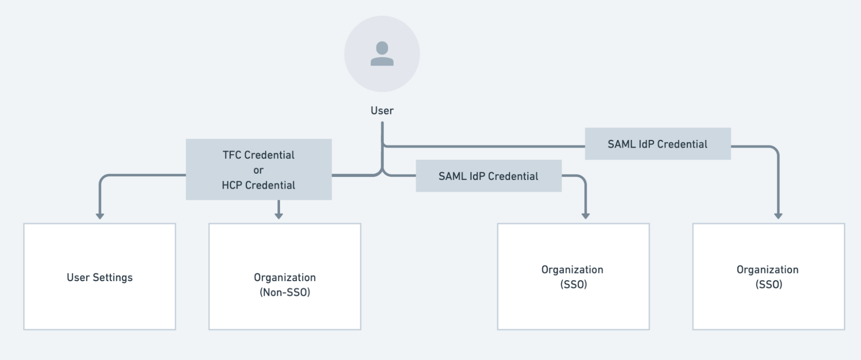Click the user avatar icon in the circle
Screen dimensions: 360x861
[x=382, y=54]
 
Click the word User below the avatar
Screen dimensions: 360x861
[x=382, y=111]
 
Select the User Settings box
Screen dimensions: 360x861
[x=99, y=276]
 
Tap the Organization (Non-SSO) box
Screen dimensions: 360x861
[x=285, y=276]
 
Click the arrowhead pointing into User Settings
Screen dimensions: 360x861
[x=100, y=216]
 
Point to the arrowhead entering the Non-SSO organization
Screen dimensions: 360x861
[x=279, y=215]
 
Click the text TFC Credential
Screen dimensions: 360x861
[x=258, y=155]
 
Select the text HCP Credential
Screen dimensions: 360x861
[x=258, y=185]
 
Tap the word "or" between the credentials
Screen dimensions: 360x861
[x=258, y=170]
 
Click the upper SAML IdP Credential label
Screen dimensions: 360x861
[x=657, y=144]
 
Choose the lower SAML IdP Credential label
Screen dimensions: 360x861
[x=488, y=176]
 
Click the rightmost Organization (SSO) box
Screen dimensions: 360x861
[x=768, y=276]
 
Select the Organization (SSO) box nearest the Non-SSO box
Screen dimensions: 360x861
[x=573, y=276]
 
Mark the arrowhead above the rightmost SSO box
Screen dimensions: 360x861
[x=778, y=216]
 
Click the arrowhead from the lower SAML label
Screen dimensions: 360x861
[x=585, y=216]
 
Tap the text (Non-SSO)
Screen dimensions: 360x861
[x=285, y=292]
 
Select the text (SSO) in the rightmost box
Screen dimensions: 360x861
[x=768, y=285]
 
